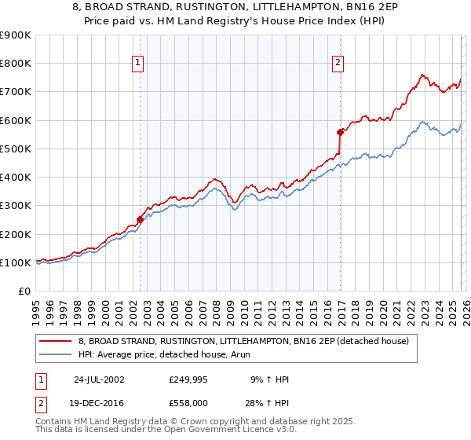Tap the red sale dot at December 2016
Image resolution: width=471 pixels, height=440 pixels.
(340, 132)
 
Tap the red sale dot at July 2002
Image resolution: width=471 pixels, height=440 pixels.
(141, 220)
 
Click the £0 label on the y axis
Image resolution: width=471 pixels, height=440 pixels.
(24, 291)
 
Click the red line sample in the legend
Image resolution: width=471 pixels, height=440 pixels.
(56, 342)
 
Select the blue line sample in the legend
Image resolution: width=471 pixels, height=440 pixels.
(56, 354)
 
